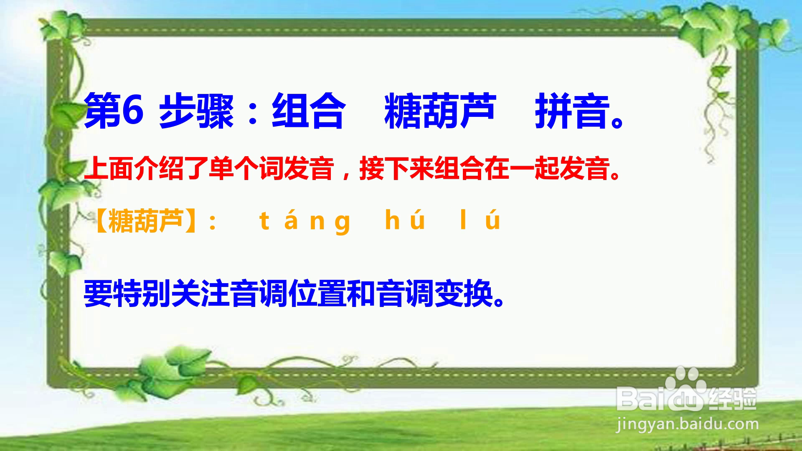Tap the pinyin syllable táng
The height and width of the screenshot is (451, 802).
pyautogui.click(x=305, y=221)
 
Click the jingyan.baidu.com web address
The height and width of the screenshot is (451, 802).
pyautogui.click(x=688, y=425)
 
